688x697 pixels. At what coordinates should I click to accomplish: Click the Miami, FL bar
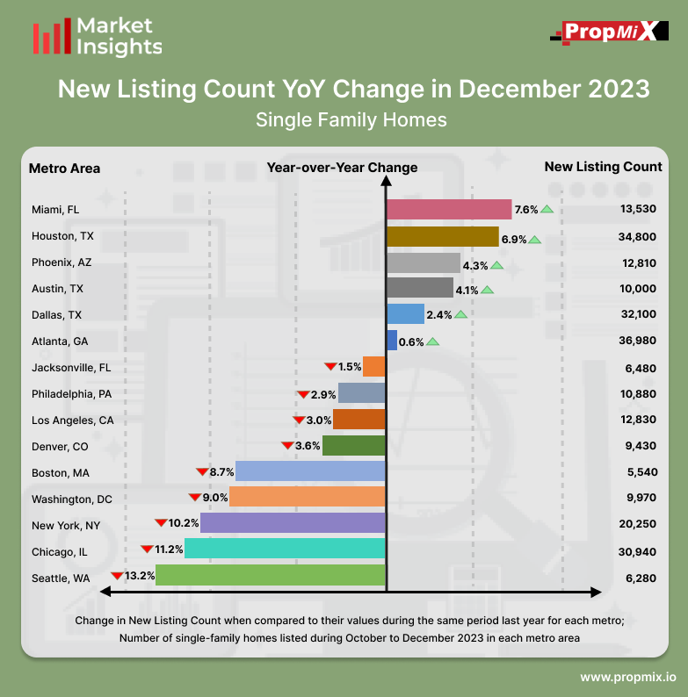(448, 210)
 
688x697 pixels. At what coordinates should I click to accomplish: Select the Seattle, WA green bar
(271, 576)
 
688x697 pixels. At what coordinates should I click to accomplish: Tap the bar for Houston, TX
(443, 237)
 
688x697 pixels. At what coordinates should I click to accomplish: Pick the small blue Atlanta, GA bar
(392, 341)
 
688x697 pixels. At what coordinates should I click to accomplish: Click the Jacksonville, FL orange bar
(373, 367)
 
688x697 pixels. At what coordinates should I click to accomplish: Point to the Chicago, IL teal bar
(285, 550)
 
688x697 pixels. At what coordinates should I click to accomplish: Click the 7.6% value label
(525, 210)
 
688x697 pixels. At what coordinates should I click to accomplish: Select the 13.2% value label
(141, 576)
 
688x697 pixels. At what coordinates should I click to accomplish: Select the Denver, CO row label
(60, 446)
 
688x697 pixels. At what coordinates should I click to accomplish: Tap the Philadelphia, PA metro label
(71, 393)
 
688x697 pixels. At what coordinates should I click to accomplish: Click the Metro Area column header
(64, 168)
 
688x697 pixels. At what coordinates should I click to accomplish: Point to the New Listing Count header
(603, 167)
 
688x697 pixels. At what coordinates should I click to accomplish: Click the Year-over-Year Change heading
(342, 168)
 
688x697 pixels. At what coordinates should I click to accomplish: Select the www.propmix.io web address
(627, 678)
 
